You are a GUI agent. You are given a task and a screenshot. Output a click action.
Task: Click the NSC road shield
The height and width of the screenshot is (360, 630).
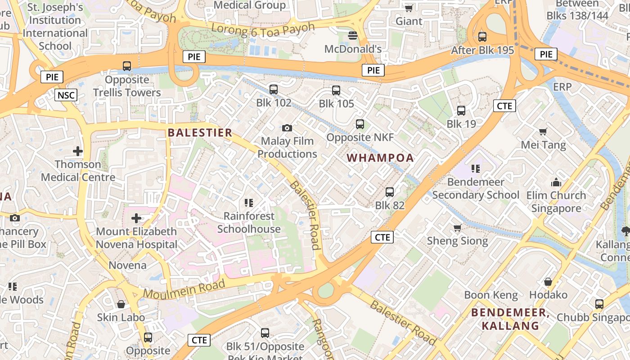pyautogui.click(x=66, y=95)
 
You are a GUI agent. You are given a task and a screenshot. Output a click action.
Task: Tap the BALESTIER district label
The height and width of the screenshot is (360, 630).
pyautogui.click(x=200, y=133)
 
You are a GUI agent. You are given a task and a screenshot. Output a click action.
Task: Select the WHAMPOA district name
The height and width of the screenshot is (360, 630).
pyautogui.click(x=381, y=158)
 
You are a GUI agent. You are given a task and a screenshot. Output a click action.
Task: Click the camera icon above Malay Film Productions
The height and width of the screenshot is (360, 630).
pyautogui.click(x=287, y=128)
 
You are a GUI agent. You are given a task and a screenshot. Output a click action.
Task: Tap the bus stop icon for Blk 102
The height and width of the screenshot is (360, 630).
pyautogui.click(x=274, y=90)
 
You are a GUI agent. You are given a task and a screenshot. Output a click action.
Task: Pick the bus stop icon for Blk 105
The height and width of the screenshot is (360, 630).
pyautogui.click(x=336, y=90)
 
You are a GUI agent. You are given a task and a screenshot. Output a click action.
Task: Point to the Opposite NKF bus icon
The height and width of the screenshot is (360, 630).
pyautogui.click(x=360, y=124)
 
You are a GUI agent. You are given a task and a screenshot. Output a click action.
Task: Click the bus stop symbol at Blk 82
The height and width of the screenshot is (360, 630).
pyautogui.click(x=390, y=192)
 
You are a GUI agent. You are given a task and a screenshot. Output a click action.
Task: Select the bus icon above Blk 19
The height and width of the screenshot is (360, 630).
pyautogui.click(x=461, y=111)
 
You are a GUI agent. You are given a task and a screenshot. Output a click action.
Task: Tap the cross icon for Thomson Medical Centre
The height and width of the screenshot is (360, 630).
pyautogui.click(x=78, y=151)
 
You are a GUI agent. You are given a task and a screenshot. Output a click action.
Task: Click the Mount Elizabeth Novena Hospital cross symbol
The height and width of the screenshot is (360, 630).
pyautogui.click(x=136, y=218)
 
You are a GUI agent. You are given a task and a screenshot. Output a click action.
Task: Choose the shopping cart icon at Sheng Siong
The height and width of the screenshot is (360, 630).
pyautogui.click(x=457, y=228)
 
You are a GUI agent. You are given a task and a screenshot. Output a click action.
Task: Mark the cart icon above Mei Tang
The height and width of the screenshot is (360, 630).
pyautogui.click(x=543, y=132)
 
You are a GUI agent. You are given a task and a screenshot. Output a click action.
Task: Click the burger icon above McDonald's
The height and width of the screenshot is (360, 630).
pyautogui.click(x=353, y=36)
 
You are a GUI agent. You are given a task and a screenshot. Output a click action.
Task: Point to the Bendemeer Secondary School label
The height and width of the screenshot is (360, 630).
pyautogui.click(x=476, y=189)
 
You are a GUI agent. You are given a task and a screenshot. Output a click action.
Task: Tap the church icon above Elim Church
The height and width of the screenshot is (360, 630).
pyautogui.click(x=556, y=183)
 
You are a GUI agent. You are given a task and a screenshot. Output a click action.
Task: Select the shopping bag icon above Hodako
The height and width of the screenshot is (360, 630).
pyautogui.click(x=548, y=282)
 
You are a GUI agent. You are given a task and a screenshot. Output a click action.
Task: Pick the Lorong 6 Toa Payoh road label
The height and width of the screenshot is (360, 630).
pyautogui.click(x=263, y=29)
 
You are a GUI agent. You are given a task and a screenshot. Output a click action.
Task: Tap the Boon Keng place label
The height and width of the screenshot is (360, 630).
pyautogui.click(x=491, y=295)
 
